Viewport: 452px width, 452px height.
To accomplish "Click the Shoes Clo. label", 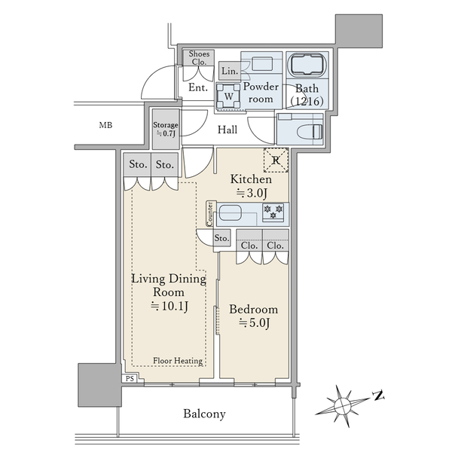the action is coord(199,58).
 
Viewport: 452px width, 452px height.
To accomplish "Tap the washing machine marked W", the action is coord(228,96).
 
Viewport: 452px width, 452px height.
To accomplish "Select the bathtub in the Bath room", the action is coord(307,65).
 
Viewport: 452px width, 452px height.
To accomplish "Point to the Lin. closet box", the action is coord(230,71).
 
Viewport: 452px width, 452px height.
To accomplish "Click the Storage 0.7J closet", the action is coord(166,129).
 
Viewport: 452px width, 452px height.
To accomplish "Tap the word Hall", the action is coord(228,130).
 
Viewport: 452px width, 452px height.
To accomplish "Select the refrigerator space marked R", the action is coord(276,160).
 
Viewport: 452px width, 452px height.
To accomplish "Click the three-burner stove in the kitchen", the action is coord(273,212).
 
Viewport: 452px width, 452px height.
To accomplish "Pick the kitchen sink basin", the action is coord(230,213).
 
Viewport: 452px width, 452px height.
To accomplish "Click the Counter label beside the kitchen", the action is coord(210,214).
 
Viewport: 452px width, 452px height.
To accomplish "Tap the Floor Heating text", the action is coord(178,361).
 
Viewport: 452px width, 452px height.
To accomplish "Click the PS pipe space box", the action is coord(130,378).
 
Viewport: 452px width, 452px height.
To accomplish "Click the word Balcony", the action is coord(204,414).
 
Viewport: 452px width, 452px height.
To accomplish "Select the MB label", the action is coord(105,125).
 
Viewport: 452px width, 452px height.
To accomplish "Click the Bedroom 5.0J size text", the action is coord(254,323).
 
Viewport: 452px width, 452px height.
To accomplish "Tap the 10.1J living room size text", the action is coord(169,306).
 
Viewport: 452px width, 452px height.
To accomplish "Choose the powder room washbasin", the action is coord(261,64).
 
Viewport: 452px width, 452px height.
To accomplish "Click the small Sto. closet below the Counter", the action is coord(221,238).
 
